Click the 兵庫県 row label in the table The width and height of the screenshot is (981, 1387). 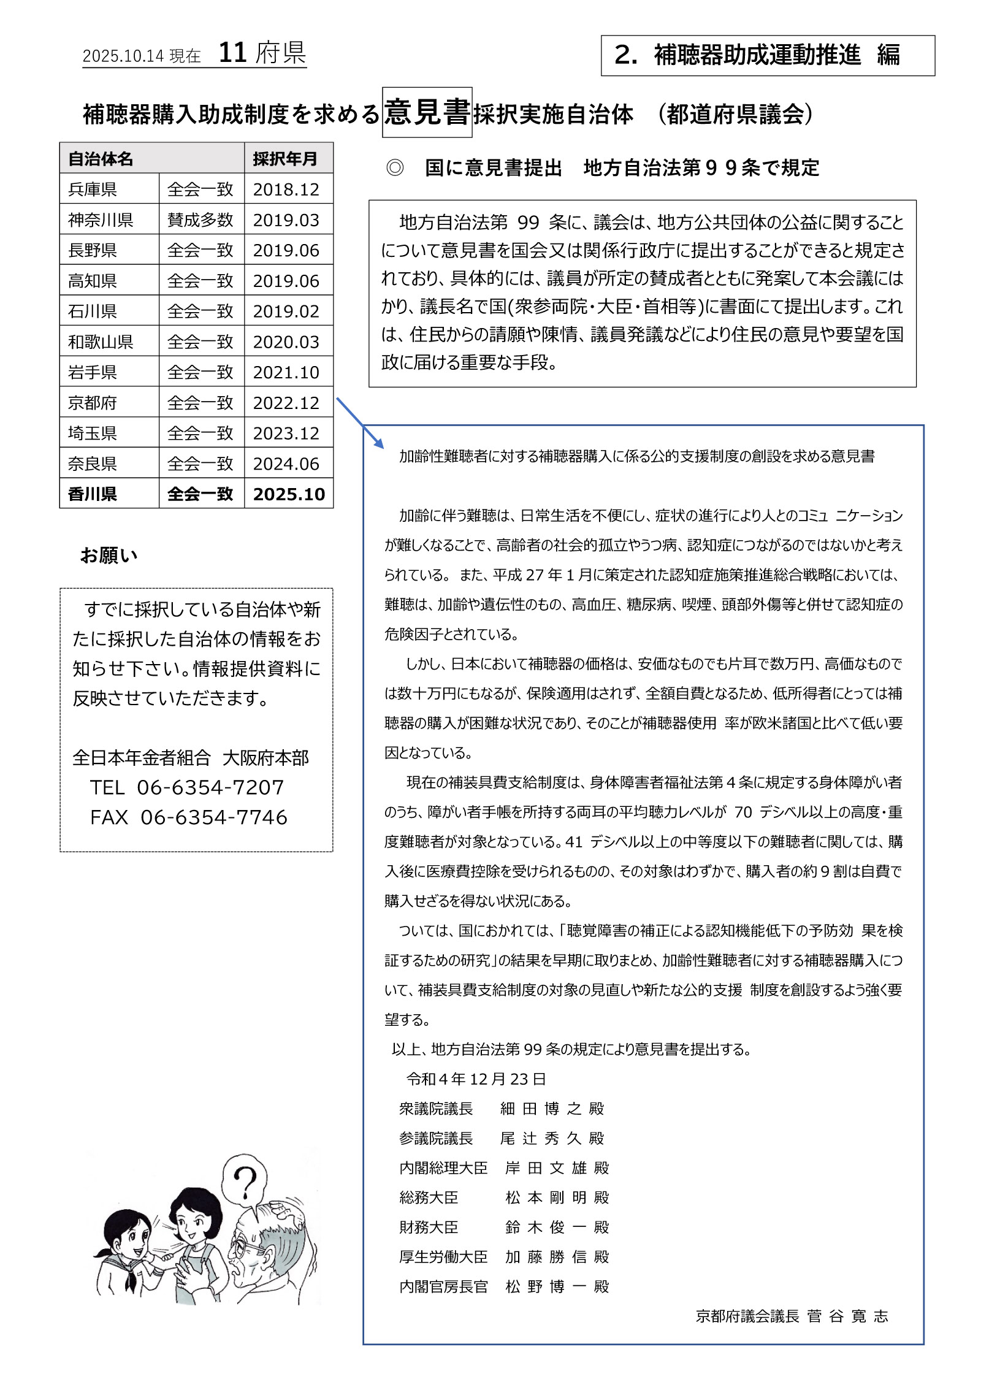(93, 189)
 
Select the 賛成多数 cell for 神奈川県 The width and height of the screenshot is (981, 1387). (200, 220)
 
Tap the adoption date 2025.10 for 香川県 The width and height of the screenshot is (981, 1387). (289, 494)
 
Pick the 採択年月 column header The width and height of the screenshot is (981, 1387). (285, 159)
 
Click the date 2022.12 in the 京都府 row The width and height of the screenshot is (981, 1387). (286, 403)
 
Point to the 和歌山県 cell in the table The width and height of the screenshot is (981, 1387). (101, 342)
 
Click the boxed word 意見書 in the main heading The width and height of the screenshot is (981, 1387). (427, 113)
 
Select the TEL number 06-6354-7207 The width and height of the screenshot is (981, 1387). (210, 787)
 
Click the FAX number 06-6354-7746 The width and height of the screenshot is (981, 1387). (213, 817)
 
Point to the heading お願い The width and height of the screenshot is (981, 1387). (109, 556)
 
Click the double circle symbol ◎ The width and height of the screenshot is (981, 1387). (395, 168)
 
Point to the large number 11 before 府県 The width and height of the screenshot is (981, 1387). (232, 54)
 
